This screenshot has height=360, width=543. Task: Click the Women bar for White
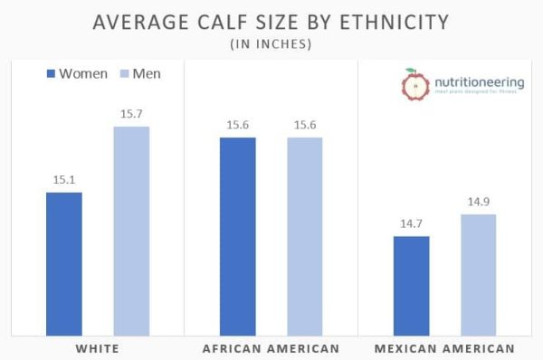pyautogui.click(x=63, y=262)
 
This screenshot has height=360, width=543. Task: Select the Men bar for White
pyautogui.click(x=131, y=230)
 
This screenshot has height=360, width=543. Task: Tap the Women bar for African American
pyautogui.click(x=237, y=235)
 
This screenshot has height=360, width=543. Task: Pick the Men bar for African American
pyautogui.click(x=305, y=235)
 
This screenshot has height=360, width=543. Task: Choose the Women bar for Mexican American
pyautogui.click(x=411, y=284)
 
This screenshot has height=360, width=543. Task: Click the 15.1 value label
pyautogui.click(x=63, y=179)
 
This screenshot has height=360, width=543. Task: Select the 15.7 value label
pyautogui.click(x=131, y=114)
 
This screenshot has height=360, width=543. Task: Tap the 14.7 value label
pyautogui.click(x=411, y=223)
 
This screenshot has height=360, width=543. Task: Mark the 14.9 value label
pyautogui.click(x=478, y=202)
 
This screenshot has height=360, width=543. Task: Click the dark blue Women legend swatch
pyautogui.click(x=51, y=73)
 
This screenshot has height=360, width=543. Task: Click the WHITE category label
pyautogui.click(x=97, y=347)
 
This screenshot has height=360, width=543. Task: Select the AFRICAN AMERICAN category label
pyautogui.click(x=271, y=347)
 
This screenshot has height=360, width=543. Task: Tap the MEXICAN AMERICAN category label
pyautogui.click(x=445, y=347)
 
